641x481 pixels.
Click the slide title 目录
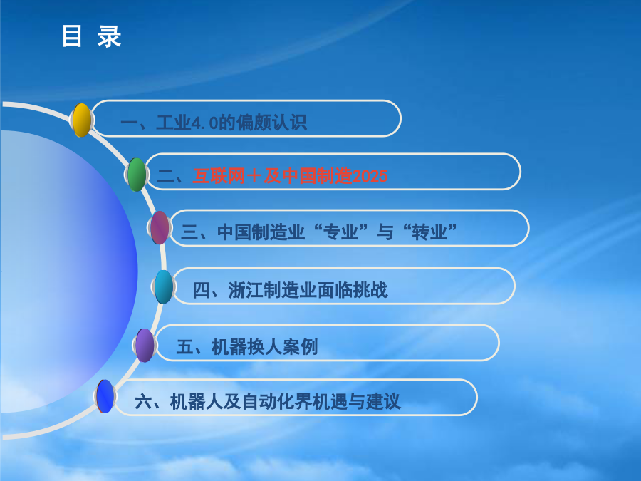click(x=92, y=36)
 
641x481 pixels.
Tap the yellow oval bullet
click(x=82, y=120)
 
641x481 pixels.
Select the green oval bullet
click(x=137, y=175)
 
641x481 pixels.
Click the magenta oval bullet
click(x=160, y=228)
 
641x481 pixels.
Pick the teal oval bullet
click(x=164, y=286)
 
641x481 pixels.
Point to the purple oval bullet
click(x=145, y=345)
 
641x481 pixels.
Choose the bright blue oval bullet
click(x=105, y=396)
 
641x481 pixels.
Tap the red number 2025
click(x=370, y=176)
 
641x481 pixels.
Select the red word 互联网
click(x=219, y=176)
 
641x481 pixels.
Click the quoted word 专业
click(x=340, y=232)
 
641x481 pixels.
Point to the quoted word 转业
click(x=429, y=232)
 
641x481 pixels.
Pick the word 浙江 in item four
click(x=245, y=290)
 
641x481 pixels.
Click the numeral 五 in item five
click(x=184, y=347)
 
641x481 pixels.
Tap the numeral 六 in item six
click(x=143, y=401)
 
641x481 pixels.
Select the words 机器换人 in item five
click(x=246, y=347)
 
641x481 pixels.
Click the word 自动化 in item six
click(x=269, y=401)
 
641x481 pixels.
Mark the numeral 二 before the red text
click(x=165, y=177)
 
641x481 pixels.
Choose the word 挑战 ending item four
click(x=370, y=290)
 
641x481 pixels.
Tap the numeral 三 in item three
click(x=189, y=232)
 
